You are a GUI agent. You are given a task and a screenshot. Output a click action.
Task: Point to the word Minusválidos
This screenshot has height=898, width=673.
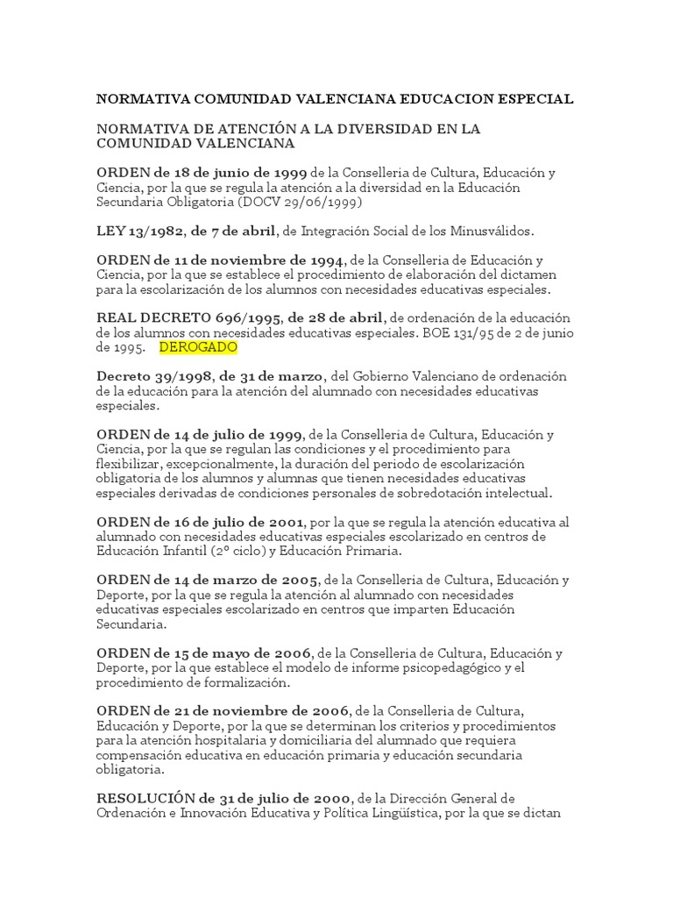[486, 232]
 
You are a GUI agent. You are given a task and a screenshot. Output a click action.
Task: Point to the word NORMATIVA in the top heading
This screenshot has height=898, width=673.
[139, 99]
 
